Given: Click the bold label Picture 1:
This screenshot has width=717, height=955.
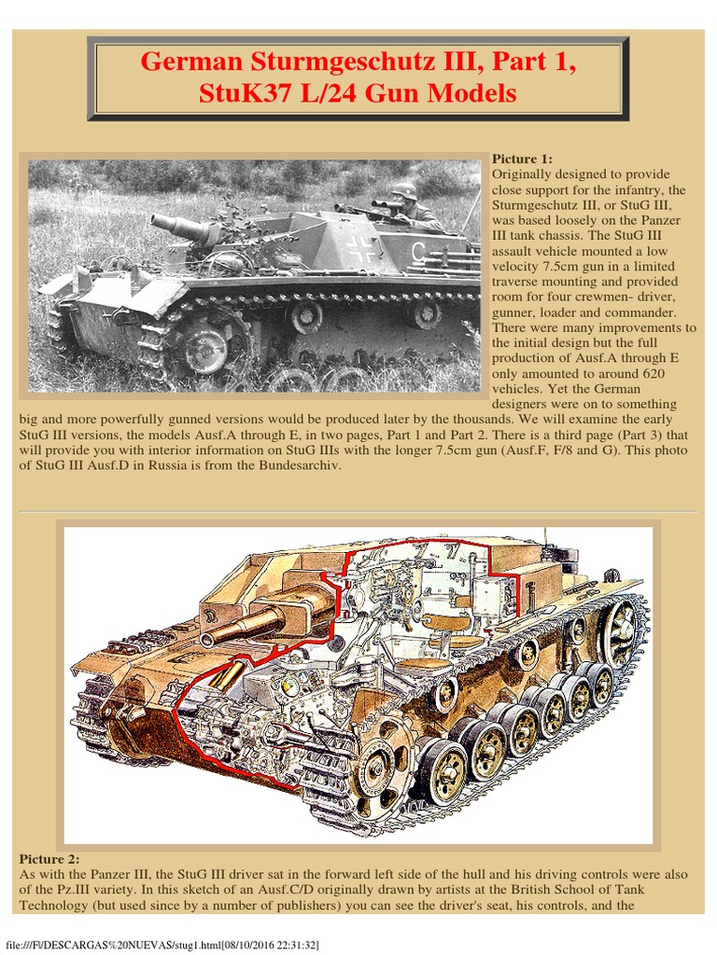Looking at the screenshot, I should click(x=522, y=159).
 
